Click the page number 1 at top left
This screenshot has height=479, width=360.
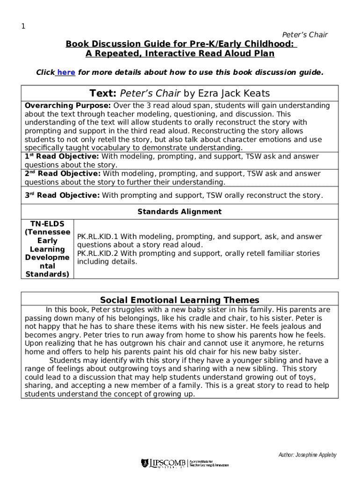click(23, 26)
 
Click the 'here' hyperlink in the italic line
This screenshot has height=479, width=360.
click(66, 73)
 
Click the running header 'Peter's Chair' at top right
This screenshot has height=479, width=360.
click(305, 35)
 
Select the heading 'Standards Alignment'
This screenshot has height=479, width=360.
click(180, 212)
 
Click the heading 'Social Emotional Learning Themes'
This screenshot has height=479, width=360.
click(180, 300)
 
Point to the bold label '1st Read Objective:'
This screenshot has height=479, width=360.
click(62, 157)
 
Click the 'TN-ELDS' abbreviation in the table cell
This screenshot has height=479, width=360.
click(47, 224)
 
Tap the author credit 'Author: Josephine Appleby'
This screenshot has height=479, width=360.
click(307, 455)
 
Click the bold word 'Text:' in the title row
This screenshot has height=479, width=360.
click(103, 94)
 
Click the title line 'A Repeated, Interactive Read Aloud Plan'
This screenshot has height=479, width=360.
click(180, 53)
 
